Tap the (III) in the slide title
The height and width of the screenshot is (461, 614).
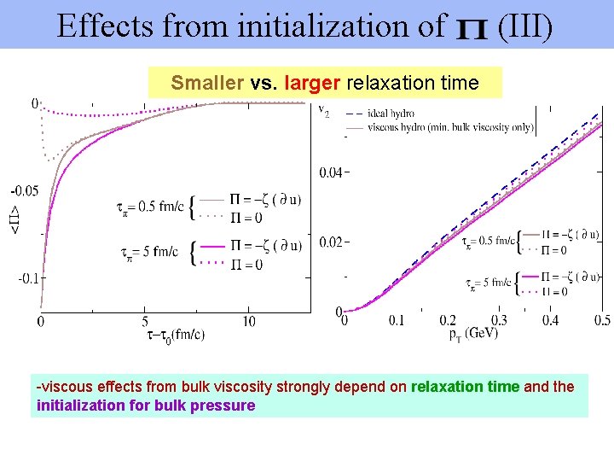(x=525, y=26)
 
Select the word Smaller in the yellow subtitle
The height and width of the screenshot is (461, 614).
(x=207, y=83)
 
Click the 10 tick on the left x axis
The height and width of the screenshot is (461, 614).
(x=248, y=321)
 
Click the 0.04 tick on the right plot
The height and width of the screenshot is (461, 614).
(x=331, y=173)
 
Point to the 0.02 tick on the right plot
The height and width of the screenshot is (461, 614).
(x=331, y=242)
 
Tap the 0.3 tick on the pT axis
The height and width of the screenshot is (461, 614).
(x=500, y=320)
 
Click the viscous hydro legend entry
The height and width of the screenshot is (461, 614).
(x=450, y=128)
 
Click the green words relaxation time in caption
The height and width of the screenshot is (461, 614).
(x=465, y=387)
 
